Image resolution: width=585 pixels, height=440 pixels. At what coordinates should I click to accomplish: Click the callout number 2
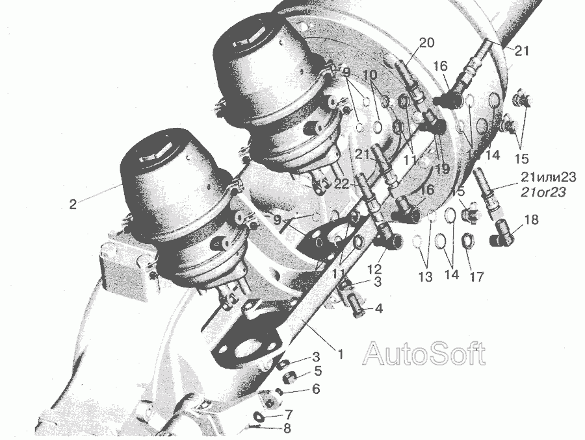(x=73, y=204)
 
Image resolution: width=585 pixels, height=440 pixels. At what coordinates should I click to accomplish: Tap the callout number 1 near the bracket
(x=340, y=354)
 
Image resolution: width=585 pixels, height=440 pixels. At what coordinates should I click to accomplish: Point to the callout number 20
(x=427, y=43)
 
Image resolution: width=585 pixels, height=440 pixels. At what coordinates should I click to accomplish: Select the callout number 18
(x=531, y=220)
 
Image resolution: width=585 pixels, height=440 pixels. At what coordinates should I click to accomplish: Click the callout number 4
(x=378, y=308)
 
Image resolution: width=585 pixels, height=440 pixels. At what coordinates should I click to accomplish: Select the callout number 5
(x=318, y=371)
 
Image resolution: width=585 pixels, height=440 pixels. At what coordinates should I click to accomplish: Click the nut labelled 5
(x=289, y=378)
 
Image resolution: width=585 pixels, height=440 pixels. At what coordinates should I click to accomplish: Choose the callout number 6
(x=316, y=389)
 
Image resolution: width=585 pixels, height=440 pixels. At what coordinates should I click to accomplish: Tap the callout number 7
(x=289, y=414)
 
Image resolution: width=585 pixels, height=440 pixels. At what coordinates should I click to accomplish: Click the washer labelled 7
(x=259, y=416)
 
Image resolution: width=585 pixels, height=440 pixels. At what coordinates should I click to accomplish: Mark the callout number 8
(x=287, y=428)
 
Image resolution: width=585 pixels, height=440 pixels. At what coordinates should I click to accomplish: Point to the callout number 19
(x=443, y=169)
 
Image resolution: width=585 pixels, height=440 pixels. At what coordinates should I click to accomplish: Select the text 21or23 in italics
(x=543, y=192)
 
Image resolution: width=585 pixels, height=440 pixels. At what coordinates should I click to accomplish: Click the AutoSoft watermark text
(x=424, y=353)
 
